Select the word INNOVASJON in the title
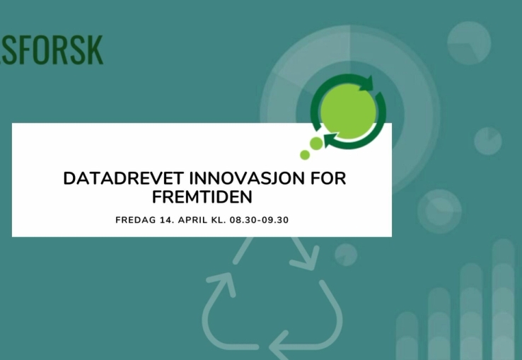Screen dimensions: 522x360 (x=247, y=178)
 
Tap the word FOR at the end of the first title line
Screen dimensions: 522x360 (x=328, y=178)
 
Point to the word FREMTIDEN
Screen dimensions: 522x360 (x=202, y=197)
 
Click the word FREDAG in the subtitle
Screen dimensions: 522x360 (x=136, y=220)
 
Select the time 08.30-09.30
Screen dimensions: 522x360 (x=259, y=220)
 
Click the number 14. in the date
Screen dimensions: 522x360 (x=167, y=220)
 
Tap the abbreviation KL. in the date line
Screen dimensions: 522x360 (x=219, y=220)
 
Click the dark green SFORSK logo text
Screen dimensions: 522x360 (x=52, y=50)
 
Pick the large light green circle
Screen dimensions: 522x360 (x=348, y=111)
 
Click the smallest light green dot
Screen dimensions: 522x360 (x=305, y=155)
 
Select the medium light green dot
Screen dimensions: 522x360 (x=316, y=144)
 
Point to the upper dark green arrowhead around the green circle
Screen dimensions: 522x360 (x=367, y=83)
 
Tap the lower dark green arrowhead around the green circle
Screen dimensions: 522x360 (x=330, y=139)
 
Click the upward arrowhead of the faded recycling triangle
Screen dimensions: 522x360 (x=224, y=284)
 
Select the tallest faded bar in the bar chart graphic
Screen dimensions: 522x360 (x=503, y=299)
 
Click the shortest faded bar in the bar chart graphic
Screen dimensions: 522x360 (x=407, y=336)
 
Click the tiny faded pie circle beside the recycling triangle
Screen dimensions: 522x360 (x=346, y=255)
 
